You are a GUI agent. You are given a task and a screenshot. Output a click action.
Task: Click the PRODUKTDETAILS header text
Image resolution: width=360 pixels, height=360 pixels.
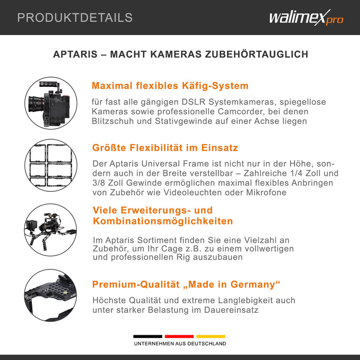75,18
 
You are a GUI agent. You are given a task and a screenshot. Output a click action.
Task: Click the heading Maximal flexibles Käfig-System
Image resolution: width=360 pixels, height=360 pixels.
170,86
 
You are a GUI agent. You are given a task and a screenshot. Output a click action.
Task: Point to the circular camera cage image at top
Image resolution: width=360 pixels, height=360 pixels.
50,103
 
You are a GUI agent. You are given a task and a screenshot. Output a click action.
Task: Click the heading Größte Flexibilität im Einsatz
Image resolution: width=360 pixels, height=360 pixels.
165,148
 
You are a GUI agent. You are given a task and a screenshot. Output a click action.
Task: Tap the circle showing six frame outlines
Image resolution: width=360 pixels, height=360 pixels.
50,165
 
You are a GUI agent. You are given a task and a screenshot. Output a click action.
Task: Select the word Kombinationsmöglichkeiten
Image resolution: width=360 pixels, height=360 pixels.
163,222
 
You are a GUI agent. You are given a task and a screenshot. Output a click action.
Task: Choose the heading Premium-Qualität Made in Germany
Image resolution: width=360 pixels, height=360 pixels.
186,285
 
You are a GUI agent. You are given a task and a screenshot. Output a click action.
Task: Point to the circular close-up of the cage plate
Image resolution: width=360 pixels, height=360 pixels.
50,295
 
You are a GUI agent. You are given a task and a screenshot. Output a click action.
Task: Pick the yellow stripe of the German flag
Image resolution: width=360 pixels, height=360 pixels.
210,336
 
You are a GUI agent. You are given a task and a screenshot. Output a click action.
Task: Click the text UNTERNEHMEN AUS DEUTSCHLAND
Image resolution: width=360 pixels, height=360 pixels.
179,344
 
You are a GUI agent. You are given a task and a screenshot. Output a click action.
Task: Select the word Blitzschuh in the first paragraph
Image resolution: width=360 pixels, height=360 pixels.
116,121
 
